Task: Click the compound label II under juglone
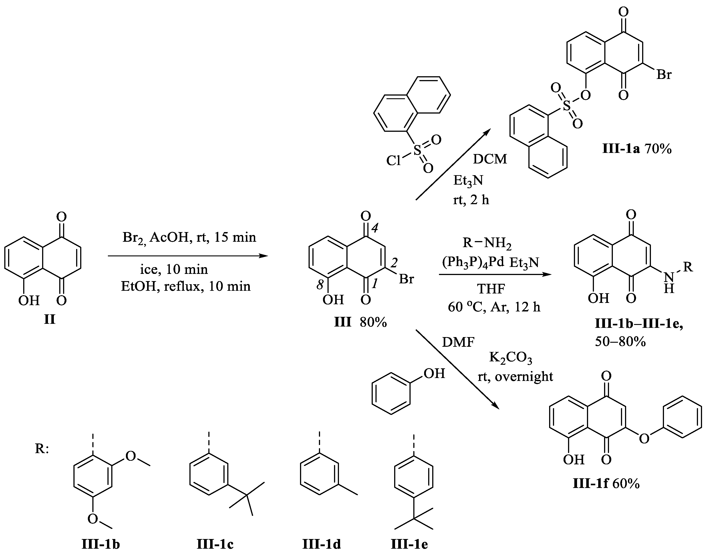point(50,320)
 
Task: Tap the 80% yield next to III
point(373,322)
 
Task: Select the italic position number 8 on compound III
point(320,285)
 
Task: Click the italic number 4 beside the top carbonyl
point(375,228)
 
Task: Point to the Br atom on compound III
point(406,279)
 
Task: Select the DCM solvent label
point(490,159)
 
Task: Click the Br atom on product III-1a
point(664,75)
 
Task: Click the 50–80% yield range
point(620,341)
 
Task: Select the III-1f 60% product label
point(606,483)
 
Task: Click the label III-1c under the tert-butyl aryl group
point(215,544)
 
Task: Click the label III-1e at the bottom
point(409,544)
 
